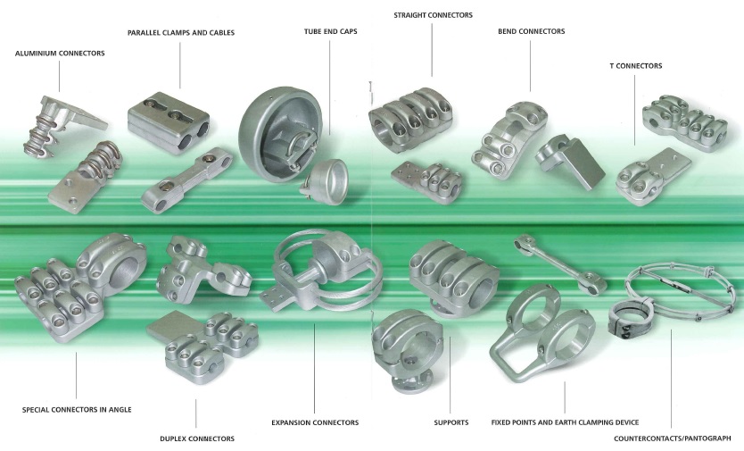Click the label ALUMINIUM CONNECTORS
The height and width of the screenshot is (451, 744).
(x=60, y=54)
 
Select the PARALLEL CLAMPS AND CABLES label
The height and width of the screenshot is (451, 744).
(x=181, y=33)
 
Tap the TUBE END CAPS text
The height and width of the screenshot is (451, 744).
(x=331, y=31)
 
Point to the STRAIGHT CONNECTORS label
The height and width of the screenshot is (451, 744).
(x=434, y=15)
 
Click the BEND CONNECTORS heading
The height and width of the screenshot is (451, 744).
(x=532, y=31)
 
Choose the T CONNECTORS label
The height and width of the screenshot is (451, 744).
(x=636, y=65)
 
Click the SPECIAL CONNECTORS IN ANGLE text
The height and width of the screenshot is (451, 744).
(x=77, y=410)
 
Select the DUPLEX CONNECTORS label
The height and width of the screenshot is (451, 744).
(x=197, y=438)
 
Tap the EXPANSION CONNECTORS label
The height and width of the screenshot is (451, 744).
(x=315, y=422)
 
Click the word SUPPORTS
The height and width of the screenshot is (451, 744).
(x=451, y=422)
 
